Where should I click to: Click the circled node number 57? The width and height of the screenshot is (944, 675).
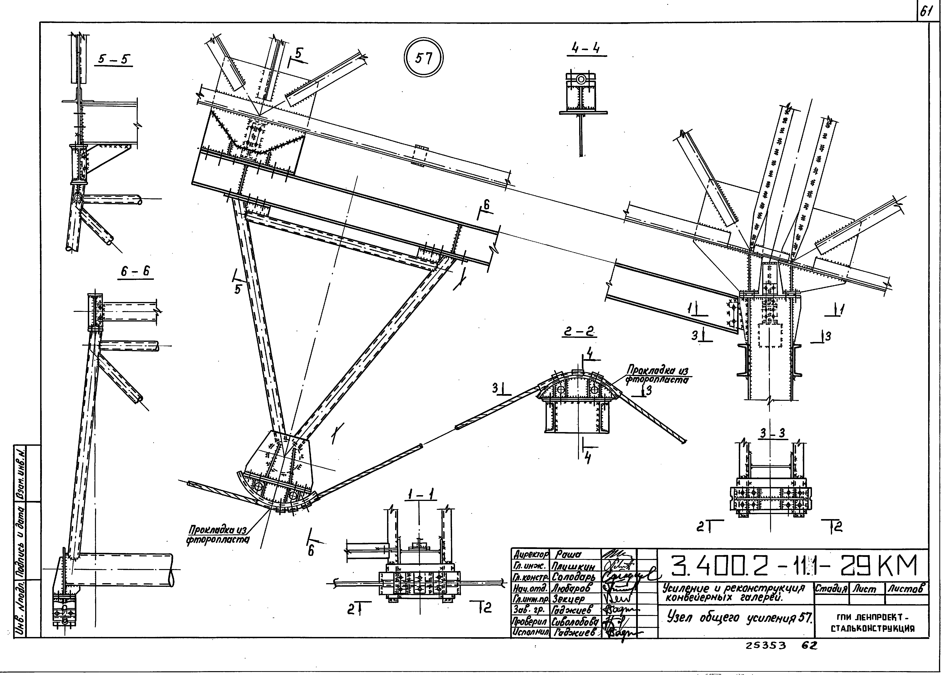coord(423,58)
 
